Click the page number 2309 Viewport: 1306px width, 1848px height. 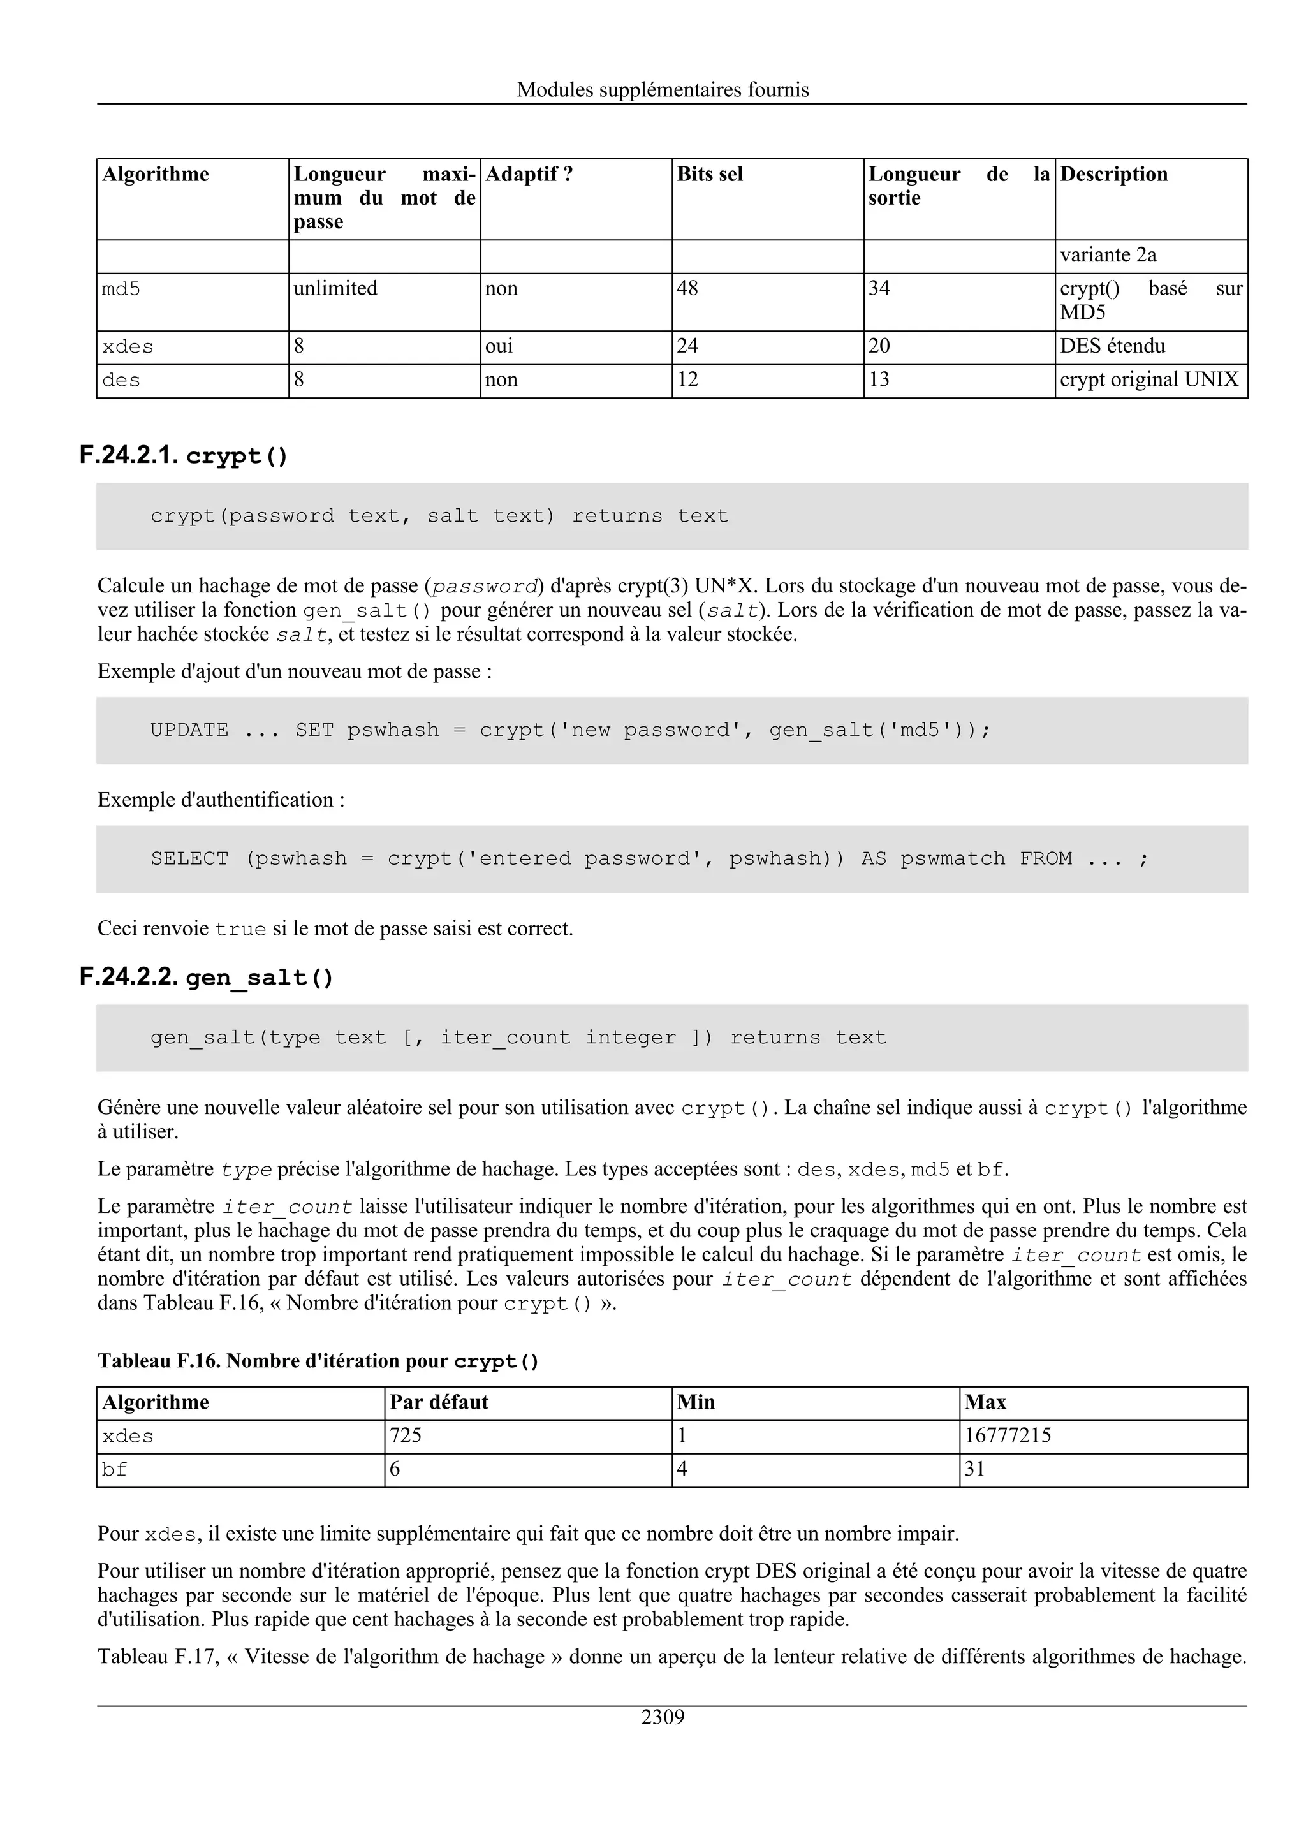pos(663,1718)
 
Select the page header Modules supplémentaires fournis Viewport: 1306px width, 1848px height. pos(663,89)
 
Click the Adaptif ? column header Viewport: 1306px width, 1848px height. pos(529,175)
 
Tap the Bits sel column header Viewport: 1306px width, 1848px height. pos(710,175)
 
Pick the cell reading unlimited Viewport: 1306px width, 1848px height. pos(335,288)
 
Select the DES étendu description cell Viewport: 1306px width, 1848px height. pos(1112,346)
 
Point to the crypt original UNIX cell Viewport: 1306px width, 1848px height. pos(1148,380)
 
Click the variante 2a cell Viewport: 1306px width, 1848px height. pos(1108,255)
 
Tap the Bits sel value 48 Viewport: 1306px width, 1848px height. pos(687,288)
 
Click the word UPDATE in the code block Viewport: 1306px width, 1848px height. pos(189,730)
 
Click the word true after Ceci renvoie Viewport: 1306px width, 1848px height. pos(240,929)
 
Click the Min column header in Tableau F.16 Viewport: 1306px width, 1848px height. pos(696,1402)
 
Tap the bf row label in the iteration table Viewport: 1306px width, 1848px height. pos(114,1470)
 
